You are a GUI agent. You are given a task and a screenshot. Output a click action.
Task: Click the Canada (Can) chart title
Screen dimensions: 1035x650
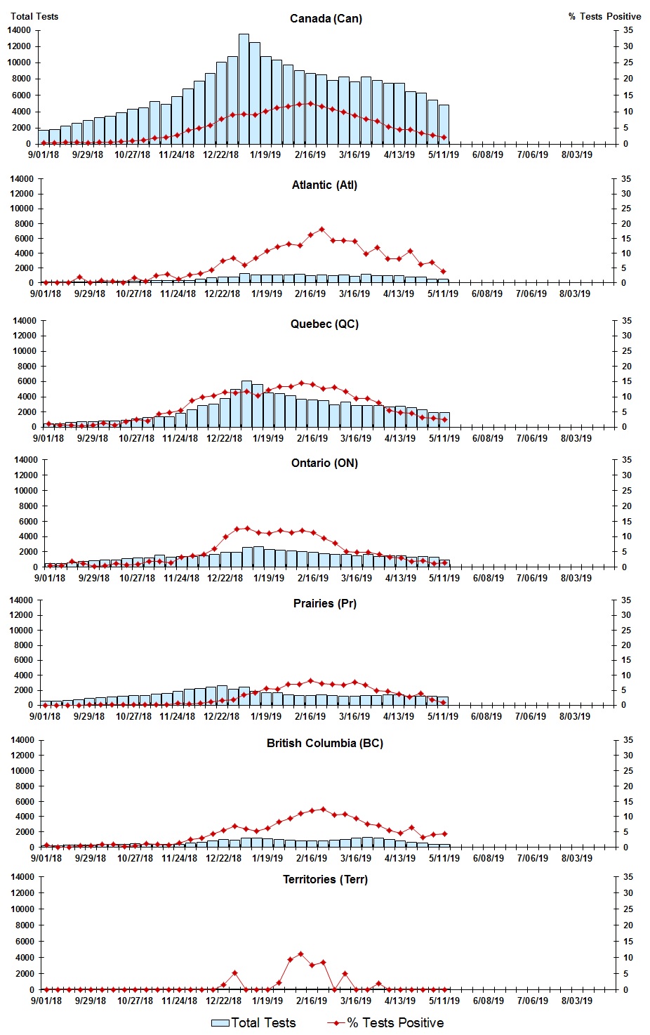pos(326,18)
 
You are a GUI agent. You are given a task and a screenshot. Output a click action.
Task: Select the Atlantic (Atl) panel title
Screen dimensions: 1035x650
pos(324,185)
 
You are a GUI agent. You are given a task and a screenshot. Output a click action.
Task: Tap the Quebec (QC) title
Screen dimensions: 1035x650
pos(324,324)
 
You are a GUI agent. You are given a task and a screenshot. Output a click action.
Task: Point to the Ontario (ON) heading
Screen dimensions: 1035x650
pos(324,463)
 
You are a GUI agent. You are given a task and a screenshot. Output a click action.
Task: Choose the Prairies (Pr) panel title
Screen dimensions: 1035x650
pos(324,604)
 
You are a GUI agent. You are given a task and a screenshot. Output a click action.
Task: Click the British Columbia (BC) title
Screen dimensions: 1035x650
pos(324,744)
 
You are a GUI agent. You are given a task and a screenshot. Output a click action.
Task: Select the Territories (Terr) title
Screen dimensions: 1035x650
pos(324,880)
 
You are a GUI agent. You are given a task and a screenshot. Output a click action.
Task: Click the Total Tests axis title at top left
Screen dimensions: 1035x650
pos(34,16)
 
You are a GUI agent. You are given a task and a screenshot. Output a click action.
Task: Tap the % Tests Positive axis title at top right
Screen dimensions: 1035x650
pos(604,16)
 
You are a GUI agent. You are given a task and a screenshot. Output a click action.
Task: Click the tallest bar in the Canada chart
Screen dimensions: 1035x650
pos(244,88)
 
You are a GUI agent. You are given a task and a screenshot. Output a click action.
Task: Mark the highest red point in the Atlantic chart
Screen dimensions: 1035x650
pos(321,230)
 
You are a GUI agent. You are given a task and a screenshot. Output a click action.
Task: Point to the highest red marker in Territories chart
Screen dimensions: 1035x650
pos(300,954)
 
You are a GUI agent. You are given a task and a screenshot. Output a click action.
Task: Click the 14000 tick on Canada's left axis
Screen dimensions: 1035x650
pos(19,30)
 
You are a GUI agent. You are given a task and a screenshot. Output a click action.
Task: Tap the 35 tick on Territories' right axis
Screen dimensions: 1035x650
pos(628,877)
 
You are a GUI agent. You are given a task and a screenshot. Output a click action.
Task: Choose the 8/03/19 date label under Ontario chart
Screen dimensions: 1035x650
pos(576,578)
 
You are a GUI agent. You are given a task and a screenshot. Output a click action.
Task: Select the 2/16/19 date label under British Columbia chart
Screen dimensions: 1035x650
pos(312,858)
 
